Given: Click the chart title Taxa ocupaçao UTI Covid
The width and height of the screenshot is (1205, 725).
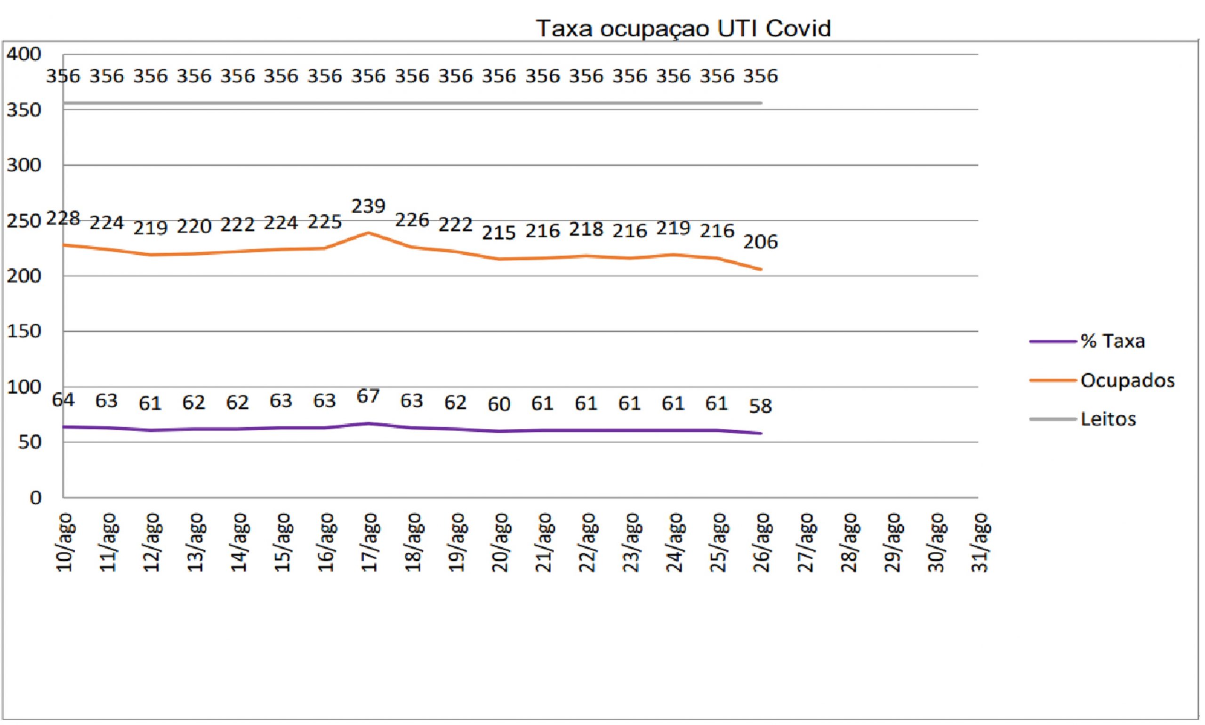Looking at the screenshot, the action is tap(683, 28).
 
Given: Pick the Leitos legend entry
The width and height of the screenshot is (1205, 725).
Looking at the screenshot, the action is tap(1083, 419).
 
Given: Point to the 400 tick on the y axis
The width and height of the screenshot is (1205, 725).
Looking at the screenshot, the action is tap(24, 54).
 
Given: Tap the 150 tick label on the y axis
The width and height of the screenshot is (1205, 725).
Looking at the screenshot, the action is tap(24, 331).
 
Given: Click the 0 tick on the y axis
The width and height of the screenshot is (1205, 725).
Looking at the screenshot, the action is tap(35, 498).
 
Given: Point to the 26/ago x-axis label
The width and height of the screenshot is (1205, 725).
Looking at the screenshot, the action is tap(762, 542).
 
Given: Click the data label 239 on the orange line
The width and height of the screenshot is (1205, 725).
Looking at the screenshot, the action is tap(369, 206).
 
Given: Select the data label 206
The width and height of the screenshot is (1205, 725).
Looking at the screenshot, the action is tap(761, 242).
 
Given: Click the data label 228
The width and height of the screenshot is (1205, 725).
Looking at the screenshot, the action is tap(63, 218).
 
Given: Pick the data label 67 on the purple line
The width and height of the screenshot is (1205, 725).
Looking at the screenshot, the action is tap(368, 396).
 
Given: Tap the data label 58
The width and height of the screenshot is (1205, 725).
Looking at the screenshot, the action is tap(761, 406).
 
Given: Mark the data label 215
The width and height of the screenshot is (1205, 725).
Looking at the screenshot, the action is tap(498, 233).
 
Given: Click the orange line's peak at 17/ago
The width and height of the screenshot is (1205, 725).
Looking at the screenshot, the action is tap(369, 233).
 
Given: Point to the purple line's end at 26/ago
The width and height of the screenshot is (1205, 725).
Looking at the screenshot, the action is tap(762, 433).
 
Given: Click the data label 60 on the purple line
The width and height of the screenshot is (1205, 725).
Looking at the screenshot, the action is tap(498, 404).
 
